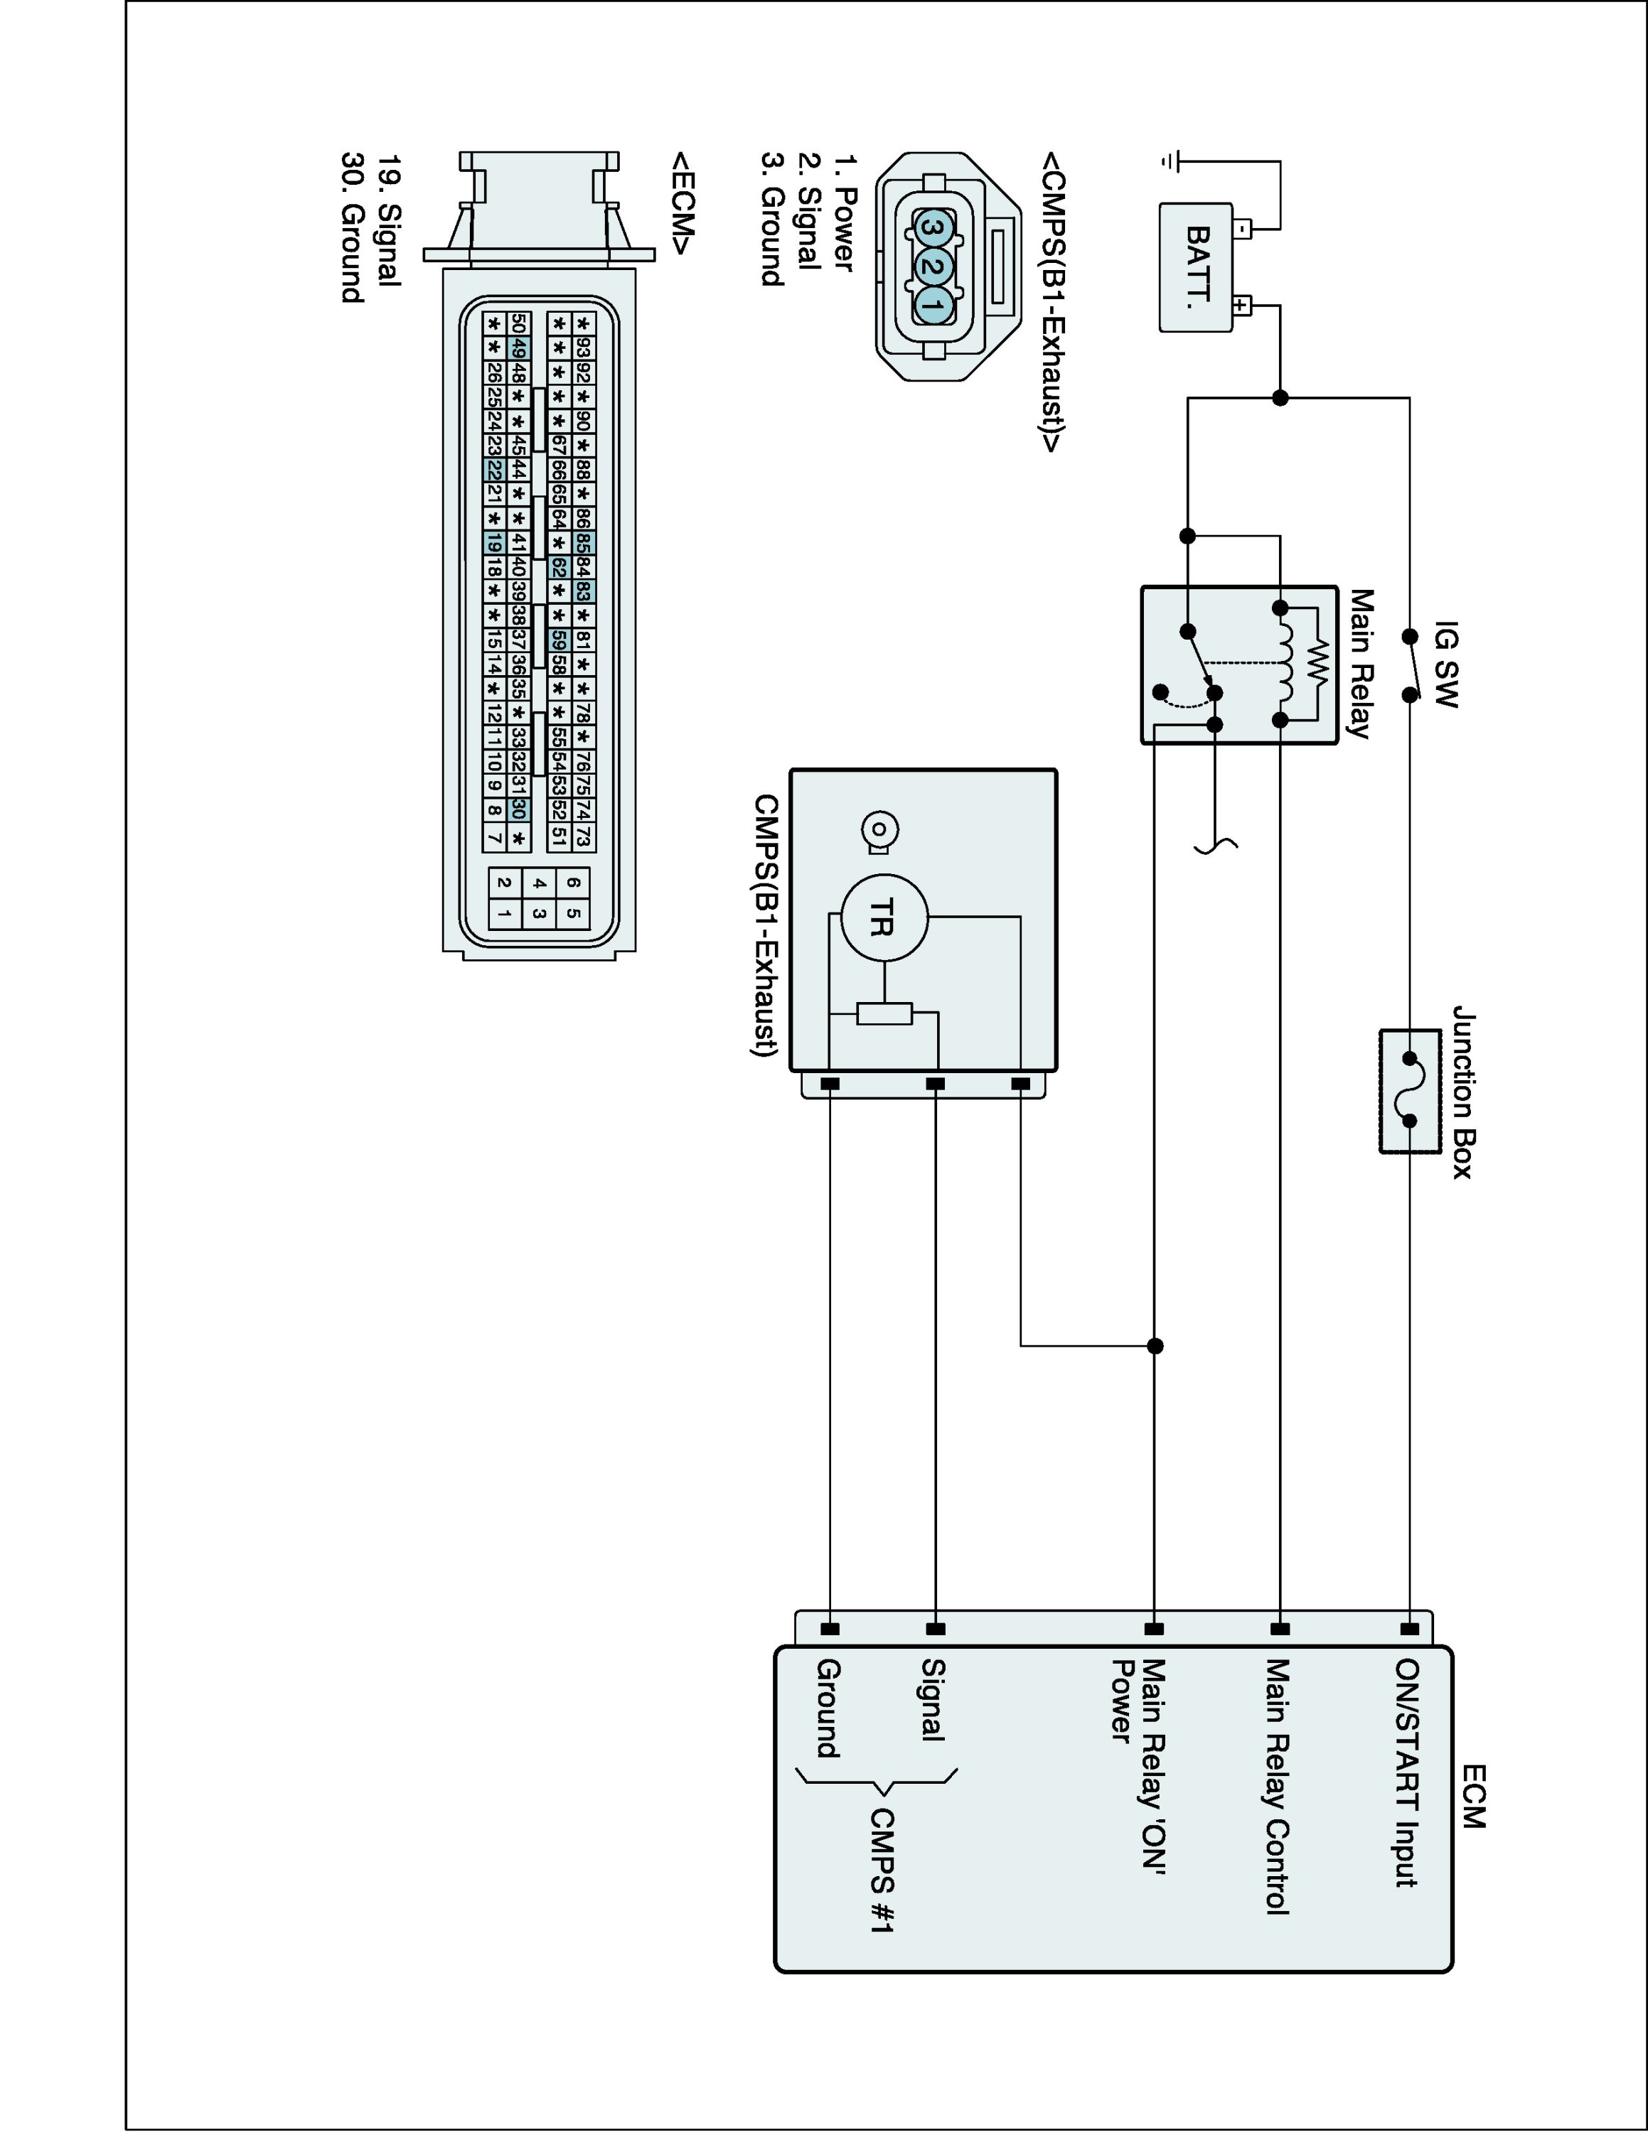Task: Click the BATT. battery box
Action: click(x=1195, y=267)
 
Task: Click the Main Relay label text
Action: click(x=1360, y=664)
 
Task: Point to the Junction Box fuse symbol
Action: click(x=1410, y=1090)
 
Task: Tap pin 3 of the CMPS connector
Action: click(x=931, y=227)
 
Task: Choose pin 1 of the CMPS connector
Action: click(x=931, y=306)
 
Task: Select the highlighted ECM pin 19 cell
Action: click(x=494, y=544)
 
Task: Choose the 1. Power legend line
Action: click(x=842, y=212)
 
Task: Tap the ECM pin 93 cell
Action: click(x=583, y=348)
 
